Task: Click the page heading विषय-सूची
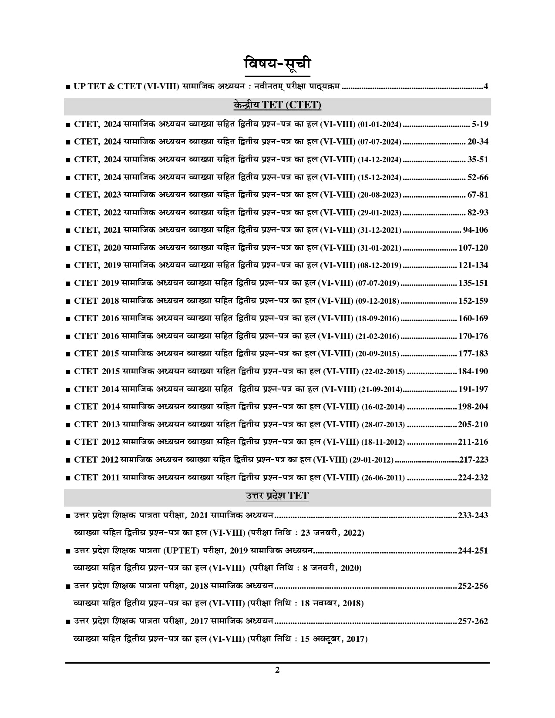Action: click(x=277, y=64)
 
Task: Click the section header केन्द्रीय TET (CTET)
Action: click(x=277, y=105)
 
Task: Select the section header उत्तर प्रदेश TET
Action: click(x=277, y=496)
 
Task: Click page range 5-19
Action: click(x=480, y=124)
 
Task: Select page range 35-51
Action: click(x=478, y=159)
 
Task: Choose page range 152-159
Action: click(x=473, y=301)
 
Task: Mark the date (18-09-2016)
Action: click(x=377, y=319)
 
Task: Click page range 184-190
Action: click(x=473, y=372)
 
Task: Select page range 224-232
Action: click(x=473, y=478)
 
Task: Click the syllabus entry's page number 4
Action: click(x=486, y=86)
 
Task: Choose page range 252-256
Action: click(x=473, y=586)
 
